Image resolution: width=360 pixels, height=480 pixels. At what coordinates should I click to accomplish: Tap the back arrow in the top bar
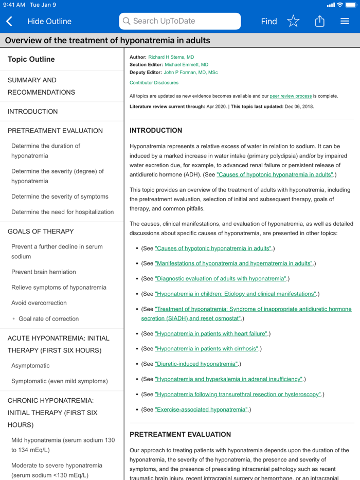click(x=9, y=21)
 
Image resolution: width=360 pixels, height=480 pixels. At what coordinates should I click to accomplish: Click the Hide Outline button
click(x=49, y=21)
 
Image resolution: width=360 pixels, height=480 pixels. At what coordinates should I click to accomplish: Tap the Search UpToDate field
click(x=180, y=21)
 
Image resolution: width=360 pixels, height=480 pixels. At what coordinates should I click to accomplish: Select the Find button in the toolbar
click(x=268, y=21)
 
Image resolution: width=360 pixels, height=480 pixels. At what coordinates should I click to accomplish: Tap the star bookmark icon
click(x=293, y=21)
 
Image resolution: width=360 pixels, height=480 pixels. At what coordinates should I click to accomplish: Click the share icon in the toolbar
click(x=320, y=21)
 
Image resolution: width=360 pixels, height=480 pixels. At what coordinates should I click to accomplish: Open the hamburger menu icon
click(x=345, y=21)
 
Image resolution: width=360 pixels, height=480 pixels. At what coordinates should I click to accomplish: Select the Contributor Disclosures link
click(x=154, y=83)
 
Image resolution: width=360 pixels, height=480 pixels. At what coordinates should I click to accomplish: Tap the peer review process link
click(x=291, y=96)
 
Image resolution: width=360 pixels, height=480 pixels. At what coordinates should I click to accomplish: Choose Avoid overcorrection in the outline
click(x=39, y=303)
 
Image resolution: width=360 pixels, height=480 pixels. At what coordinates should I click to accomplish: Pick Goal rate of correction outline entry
click(x=48, y=319)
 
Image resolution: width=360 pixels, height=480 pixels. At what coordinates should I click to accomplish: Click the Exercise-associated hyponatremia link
click(x=201, y=410)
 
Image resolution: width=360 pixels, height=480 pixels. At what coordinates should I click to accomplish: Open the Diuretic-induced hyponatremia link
click(x=196, y=364)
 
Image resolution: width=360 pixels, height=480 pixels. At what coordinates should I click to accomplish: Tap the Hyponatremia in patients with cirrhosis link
click(x=207, y=349)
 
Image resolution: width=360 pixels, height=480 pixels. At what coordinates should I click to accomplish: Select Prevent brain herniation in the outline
click(x=44, y=272)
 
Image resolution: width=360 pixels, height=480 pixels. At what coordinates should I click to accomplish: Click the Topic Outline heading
click(x=31, y=60)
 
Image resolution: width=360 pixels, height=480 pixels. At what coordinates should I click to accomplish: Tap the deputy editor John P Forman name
click(x=190, y=73)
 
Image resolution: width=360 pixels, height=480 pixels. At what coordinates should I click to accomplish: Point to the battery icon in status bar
click(x=350, y=5)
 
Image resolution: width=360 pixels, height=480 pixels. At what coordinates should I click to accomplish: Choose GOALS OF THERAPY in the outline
click(x=41, y=232)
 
